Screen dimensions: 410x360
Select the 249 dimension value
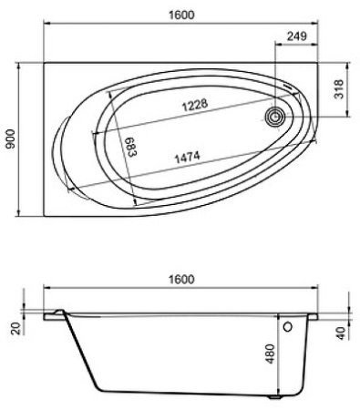click(294, 37)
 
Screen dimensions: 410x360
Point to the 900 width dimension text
click(10, 138)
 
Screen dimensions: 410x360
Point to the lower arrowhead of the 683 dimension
click(135, 200)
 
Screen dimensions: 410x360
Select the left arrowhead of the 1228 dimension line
click(93, 133)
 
